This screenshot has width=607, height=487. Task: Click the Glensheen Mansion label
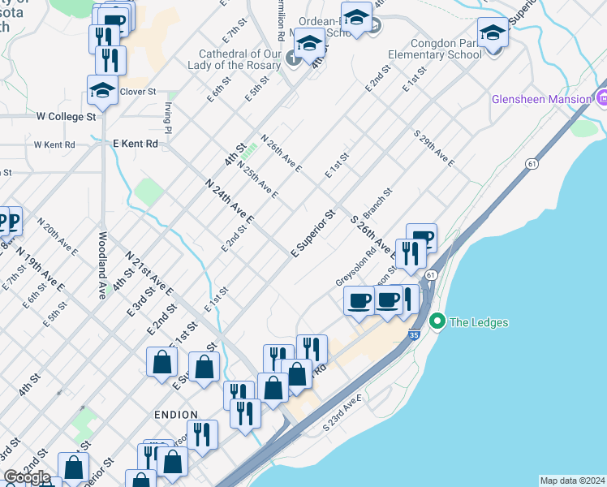click(541, 99)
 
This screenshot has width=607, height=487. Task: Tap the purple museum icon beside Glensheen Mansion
click(601, 99)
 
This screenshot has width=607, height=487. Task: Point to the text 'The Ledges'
click(479, 322)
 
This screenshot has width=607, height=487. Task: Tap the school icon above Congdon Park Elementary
click(493, 33)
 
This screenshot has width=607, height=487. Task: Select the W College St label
click(67, 116)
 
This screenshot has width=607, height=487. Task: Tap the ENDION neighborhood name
click(177, 414)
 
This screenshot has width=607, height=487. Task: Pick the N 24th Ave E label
click(230, 201)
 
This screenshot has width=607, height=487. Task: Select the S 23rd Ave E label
click(344, 412)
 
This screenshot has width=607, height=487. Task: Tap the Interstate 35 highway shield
click(415, 333)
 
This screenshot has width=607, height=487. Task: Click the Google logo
click(26, 477)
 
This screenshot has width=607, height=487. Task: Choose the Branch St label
click(377, 204)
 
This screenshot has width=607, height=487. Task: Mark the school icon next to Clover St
click(102, 91)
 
